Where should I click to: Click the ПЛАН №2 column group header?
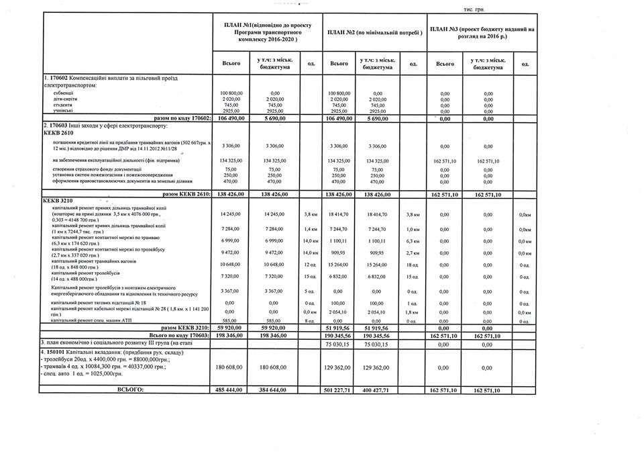pos(374,32)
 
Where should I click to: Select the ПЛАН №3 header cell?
pos(482,32)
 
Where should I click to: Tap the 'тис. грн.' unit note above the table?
pos(473,10)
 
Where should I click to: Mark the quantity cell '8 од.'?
pos(309,322)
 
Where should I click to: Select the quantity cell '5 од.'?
pos(309,291)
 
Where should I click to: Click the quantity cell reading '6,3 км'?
pos(413,240)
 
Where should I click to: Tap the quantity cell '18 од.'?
pos(413,265)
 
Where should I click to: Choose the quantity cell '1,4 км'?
pos(309,229)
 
